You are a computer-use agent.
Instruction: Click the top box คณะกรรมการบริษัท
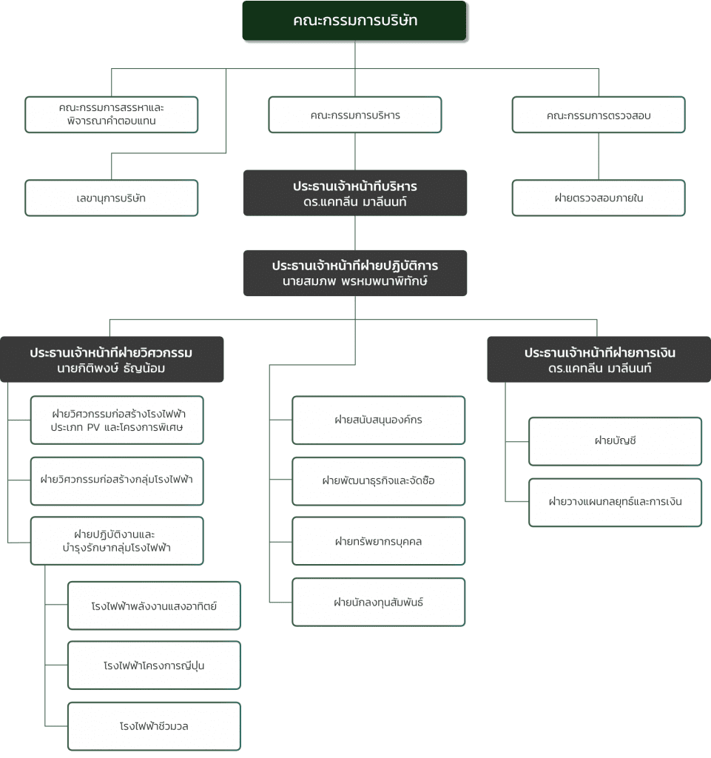coord(354,20)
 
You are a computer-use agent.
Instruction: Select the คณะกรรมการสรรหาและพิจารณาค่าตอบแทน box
coord(112,115)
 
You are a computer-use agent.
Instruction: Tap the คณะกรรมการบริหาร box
coord(355,115)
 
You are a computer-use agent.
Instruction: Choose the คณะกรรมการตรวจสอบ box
coord(599,115)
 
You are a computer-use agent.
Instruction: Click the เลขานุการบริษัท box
coord(112,198)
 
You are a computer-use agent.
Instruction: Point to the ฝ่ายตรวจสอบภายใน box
coord(599,198)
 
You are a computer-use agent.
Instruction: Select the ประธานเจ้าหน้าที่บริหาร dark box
coord(355,193)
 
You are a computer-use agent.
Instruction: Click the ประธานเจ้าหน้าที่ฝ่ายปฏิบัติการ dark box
coord(355,273)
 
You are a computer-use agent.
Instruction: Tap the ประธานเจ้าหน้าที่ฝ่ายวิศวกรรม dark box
coord(112,359)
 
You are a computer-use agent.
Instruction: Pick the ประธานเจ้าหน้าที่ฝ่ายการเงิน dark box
coord(599,359)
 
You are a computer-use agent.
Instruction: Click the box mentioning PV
coord(117,420)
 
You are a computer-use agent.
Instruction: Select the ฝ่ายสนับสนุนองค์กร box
coord(379,420)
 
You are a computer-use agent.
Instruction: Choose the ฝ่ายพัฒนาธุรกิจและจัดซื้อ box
coord(379,481)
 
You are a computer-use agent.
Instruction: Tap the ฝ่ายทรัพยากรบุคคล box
coord(379,541)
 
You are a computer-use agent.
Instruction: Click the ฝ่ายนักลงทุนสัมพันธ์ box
coord(379,602)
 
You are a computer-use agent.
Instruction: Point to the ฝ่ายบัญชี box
coord(616,441)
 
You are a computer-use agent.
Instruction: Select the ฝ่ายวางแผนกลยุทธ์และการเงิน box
coord(616,503)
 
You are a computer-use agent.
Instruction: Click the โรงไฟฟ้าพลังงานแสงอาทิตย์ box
coord(154,606)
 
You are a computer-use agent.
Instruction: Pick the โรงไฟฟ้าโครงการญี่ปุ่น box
coord(154,665)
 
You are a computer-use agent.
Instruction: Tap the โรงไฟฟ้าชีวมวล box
coord(154,726)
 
